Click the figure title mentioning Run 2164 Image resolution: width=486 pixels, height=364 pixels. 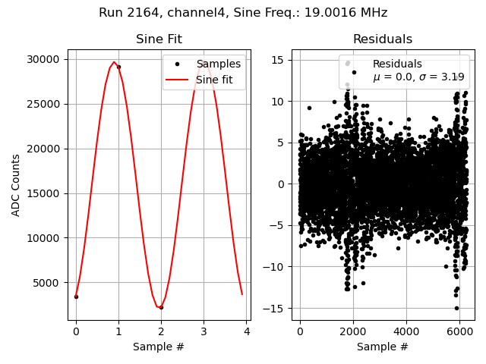pyautogui.click(x=243, y=13)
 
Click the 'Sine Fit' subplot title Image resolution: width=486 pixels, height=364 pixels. pyautogui.click(x=159, y=39)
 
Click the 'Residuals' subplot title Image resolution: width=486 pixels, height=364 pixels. pyautogui.click(x=383, y=39)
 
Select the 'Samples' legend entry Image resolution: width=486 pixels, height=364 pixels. pyautogui.click(x=218, y=64)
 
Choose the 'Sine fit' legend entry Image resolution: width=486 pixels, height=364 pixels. pyautogui.click(x=219, y=80)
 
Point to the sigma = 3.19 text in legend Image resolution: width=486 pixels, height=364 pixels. pyautogui.click(x=418, y=77)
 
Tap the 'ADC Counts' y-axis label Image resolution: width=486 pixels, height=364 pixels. pyautogui.click(x=16, y=185)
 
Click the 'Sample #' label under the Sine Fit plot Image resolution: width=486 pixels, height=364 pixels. pyautogui.click(x=159, y=347)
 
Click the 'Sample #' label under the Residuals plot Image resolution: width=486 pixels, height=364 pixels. pyautogui.click(x=383, y=347)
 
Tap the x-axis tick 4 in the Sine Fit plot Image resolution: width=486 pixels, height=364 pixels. pyautogui.click(x=246, y=331)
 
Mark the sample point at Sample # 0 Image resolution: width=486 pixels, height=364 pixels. pyautogui.click(x=76, y=297)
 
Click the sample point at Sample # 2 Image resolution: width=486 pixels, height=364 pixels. pyautogui.click(x=161, y=307)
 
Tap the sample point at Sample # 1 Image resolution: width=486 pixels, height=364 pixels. pyautogui.click(x=118, y=67)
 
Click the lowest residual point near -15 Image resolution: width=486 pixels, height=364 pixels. pyautogui.click(x=456, y=308)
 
